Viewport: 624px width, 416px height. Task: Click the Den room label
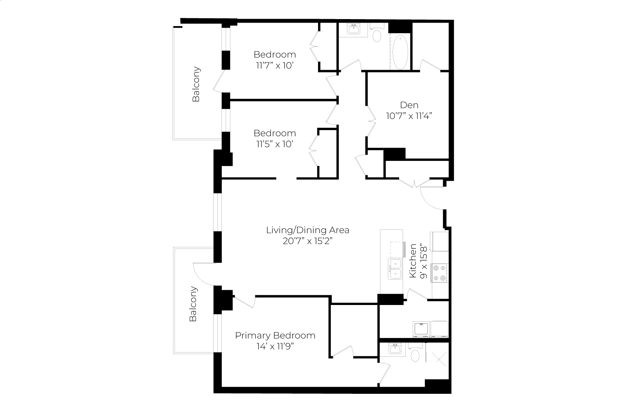tap(409, 105)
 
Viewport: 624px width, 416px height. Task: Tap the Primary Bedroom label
tap(275, 335)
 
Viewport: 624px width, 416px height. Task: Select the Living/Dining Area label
tap(308, 230)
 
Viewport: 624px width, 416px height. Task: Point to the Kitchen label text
tap(413, 261)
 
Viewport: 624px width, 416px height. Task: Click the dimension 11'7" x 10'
tap(275, 65)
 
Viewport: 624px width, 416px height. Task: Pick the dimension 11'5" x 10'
tap(275, 144)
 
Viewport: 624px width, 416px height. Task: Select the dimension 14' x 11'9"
tap(275, 346)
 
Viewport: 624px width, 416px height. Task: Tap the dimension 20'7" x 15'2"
tap(308, 241)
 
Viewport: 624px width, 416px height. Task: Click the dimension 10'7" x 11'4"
tap(409, 116)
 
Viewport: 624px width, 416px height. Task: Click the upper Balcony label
tap(196, 84)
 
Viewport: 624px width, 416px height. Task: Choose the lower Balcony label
tap(193, 304)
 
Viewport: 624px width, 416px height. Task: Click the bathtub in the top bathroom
tap(400, 52)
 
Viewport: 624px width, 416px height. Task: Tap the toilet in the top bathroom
tap(377, 33)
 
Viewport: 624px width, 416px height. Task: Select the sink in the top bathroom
tap(354, 29)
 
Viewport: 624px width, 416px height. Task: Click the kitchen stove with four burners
tap(440, 273)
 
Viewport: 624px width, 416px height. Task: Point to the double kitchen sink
tap(395, 269)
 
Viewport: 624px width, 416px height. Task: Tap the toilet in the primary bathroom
tap(415, 353)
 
